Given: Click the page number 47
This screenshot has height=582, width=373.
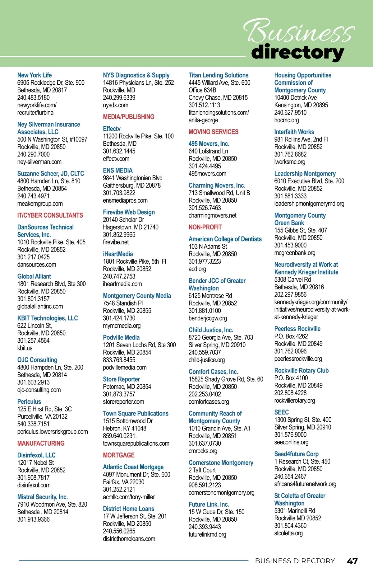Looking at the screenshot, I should pos(352,561).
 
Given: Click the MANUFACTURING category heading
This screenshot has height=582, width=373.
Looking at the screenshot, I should pos(41,443).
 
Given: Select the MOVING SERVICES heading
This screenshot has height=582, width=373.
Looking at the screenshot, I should pos(214,132).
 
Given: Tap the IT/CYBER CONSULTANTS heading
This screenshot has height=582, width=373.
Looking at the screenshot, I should pos(50,215).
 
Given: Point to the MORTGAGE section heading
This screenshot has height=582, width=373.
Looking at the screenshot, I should pos(119,455).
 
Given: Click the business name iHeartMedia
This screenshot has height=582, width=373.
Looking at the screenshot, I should pos(118,254).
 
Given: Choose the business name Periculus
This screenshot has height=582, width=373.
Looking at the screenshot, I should pos(29,401).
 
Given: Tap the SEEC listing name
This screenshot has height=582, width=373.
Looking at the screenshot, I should pos(281,412).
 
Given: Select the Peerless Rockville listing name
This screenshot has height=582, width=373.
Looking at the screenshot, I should pos(297,329).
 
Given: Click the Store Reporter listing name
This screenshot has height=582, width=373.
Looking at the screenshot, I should pos(121,379).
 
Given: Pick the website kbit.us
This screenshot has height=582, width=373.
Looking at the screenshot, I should pos(25,348).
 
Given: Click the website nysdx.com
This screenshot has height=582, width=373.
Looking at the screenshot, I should pos(115,105).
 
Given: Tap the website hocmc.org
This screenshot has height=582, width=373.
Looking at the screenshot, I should pos(286,120).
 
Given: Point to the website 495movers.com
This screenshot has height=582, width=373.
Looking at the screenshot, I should pos(207,174).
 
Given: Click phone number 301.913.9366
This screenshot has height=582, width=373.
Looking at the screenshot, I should pos(33,519).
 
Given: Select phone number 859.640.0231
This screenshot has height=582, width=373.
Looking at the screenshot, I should pos(120,436).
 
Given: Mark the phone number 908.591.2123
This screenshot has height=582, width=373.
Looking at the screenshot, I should pos(205,485).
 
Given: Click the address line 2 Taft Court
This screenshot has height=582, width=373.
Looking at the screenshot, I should pos(202,470).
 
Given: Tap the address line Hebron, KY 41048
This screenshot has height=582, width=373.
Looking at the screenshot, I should pos(124,428).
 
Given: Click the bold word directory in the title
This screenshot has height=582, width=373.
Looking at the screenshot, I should pos(297,52).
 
